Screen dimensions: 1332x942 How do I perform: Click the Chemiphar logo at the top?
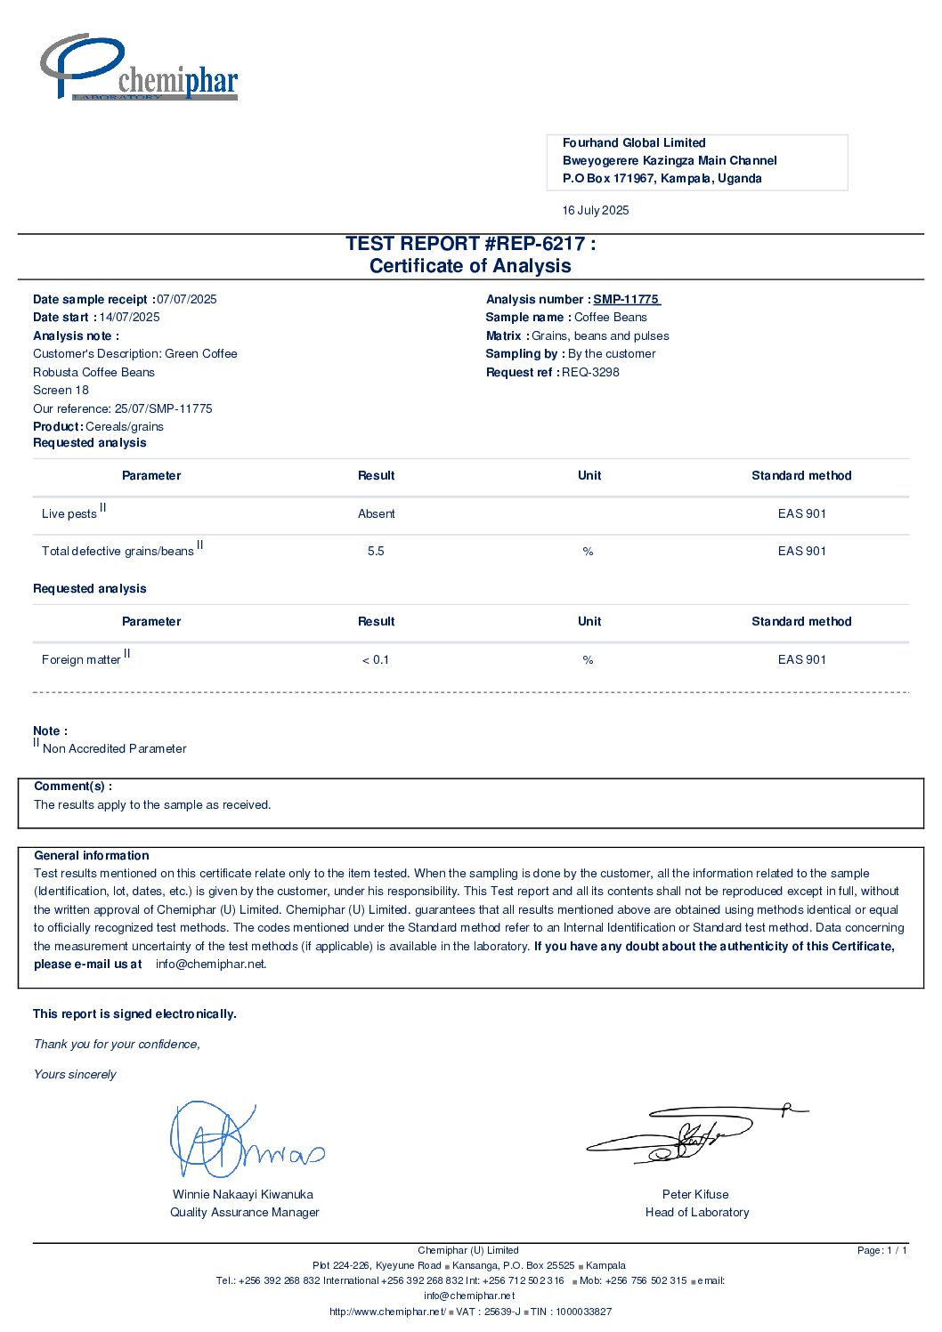click(139, 69)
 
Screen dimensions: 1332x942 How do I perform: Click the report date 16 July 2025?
click(596, 211)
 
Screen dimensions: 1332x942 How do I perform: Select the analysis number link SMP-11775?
click(626, 300)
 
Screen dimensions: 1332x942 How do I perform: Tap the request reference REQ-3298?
click(590, 373)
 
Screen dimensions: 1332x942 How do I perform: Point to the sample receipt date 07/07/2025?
click(187, 300)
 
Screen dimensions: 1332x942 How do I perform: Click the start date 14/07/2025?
click(130, 318)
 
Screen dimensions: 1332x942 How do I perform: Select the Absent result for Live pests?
click(376, 514)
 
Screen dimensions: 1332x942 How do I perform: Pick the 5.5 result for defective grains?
click(376, 552)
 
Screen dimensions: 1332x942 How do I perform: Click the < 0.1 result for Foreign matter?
click(376, 660)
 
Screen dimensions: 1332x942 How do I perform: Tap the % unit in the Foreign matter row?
click(588, 660)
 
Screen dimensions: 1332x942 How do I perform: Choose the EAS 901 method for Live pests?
click(801, 514)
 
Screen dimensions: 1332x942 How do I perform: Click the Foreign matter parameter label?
click(81, 660)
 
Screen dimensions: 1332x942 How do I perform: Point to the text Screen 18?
click(61, 391)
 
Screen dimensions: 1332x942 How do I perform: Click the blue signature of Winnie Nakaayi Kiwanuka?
click(240, 1142)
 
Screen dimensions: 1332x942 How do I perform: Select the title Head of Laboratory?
click(697, 1213)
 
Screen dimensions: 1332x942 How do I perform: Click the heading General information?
click(92, 856)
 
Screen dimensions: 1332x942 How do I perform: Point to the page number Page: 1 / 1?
click(881, 1251)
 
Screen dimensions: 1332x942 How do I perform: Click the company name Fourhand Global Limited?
click(634, 143)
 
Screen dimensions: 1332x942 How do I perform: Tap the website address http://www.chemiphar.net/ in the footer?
click(387, 1312)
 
